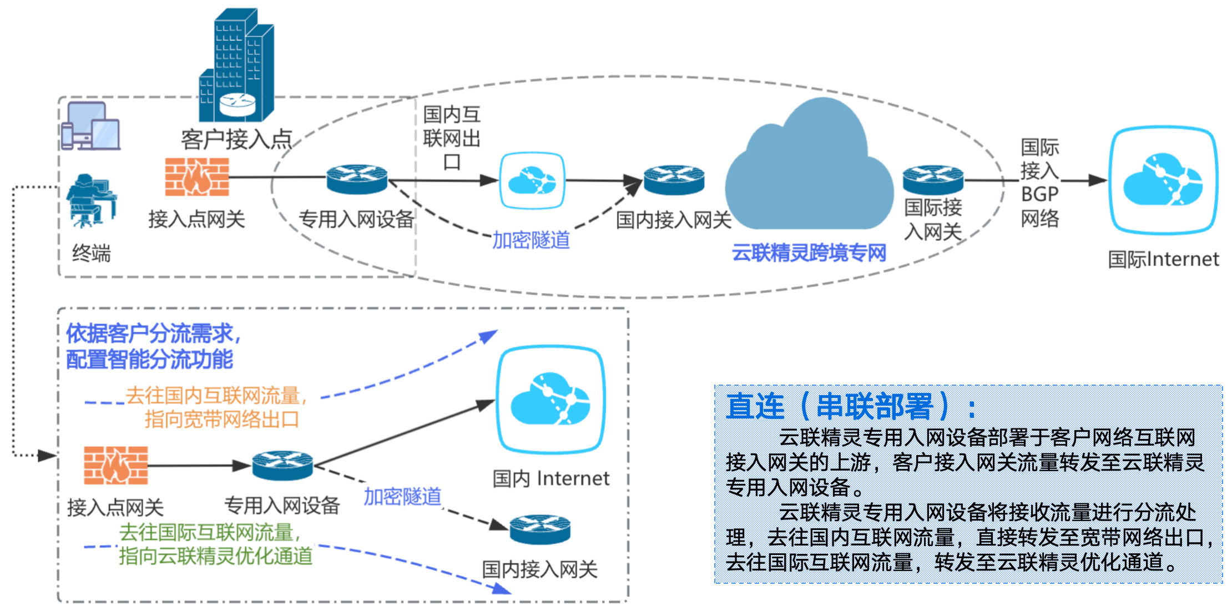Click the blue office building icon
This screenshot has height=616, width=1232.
point(237,65)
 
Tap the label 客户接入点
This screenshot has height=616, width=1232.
point(236,139)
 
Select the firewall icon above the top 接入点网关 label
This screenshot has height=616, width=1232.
point(197,177)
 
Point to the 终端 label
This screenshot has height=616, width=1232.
point(92,254)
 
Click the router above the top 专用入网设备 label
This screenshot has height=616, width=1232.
point(356,179)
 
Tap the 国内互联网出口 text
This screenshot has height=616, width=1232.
point(452,138)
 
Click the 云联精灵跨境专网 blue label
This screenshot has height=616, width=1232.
point(809,253)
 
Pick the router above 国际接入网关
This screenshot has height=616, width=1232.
point(933,179)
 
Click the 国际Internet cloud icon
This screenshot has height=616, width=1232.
point(1163,180)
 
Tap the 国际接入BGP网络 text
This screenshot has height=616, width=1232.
point(1039,183)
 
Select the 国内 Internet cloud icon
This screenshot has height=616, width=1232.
point(551,400)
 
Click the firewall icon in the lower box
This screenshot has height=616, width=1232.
point(116,465)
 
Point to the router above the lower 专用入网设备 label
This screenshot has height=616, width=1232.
point(282,465)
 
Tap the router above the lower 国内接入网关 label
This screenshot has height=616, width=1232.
point(539,529)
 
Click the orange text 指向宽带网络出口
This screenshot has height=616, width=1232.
point(222,420)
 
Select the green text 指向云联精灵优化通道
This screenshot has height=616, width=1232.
point(216,556)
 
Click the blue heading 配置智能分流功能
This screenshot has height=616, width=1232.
point(149,360)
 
